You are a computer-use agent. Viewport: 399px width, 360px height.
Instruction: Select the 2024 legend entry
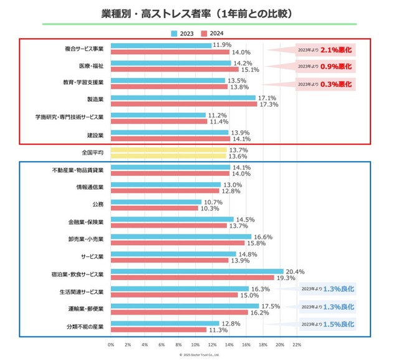[214, 34]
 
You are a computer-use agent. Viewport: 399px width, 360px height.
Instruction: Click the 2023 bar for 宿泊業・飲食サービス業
[197, 271]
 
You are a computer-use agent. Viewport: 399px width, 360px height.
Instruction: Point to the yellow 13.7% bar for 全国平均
[169, 150]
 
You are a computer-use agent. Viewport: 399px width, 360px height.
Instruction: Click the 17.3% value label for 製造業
[268, 104]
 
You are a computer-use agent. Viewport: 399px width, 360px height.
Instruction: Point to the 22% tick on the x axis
[297, 344]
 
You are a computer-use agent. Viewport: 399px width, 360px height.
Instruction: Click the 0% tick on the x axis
[111, 344]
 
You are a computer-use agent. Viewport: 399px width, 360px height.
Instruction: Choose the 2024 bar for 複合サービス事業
[170, 52]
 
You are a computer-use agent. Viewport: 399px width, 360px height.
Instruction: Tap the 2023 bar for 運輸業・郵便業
[185, 306]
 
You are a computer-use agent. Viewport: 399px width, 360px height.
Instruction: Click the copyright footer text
[199, 354]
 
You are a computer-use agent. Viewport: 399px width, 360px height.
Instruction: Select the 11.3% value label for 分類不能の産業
[218, 330]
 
